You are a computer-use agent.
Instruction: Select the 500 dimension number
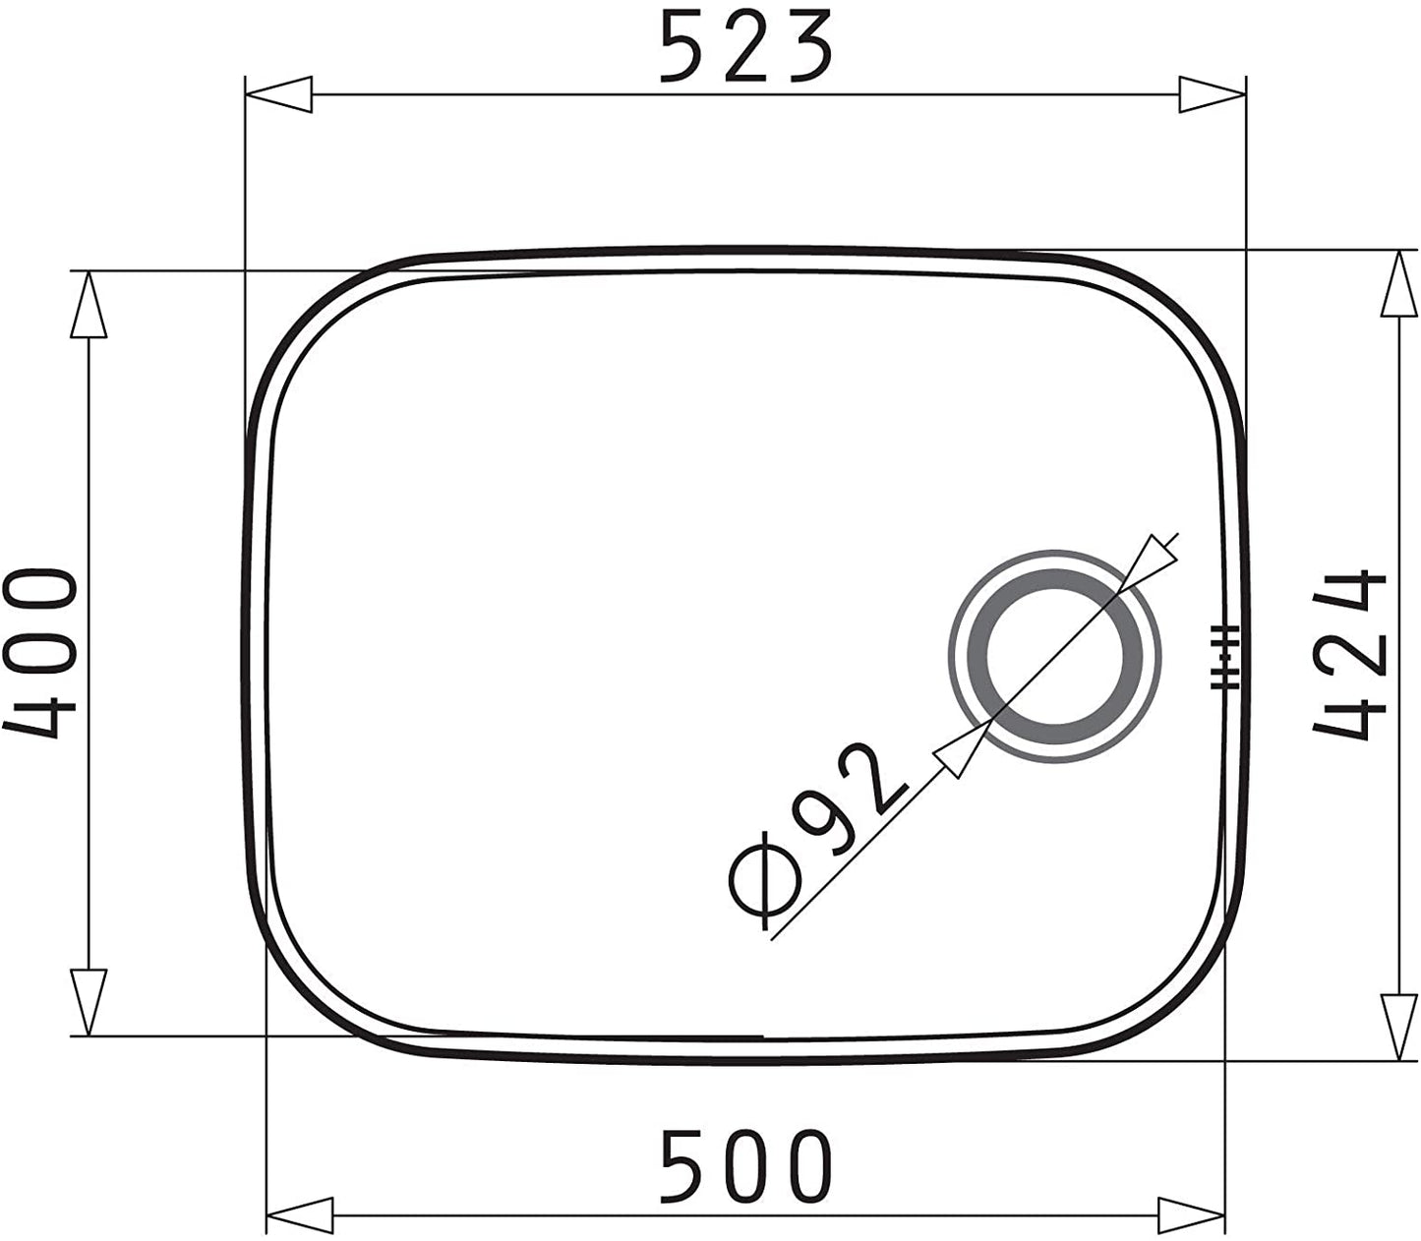[x=746, y=1166]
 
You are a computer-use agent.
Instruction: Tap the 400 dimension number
[x=39, y=654]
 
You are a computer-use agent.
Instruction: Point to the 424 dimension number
[x=1350, y=654]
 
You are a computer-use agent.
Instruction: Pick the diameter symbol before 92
[x=765, y=880]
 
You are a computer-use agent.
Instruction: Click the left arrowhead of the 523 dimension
[x=278, y=94]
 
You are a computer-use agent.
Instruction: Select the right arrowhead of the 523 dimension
[x=1212, y=94]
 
